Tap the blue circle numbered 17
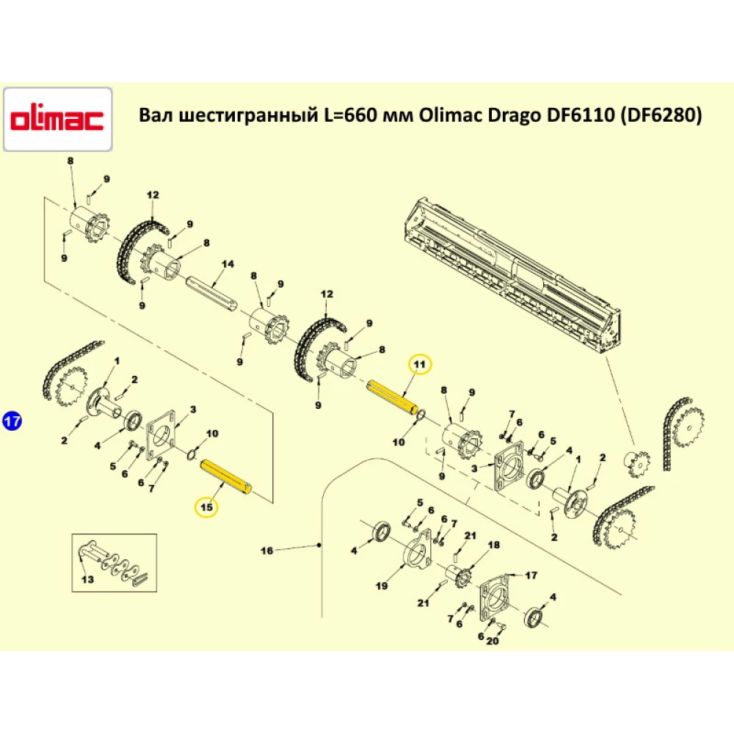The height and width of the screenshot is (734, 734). point(12,421)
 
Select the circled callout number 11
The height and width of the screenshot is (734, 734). point(419,364)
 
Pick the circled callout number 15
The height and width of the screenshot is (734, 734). point(206,506)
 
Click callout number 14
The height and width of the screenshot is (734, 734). point(227,264)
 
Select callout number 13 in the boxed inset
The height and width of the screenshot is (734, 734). point(87,579)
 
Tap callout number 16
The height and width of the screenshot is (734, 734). point(266,550)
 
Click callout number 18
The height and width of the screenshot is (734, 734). point(493,545)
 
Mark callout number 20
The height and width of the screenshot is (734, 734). point(491,640)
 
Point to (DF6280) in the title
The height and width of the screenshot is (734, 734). point(661,116)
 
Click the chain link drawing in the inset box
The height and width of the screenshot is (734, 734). point(114,565)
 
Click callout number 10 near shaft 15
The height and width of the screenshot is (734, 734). point(212,434)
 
